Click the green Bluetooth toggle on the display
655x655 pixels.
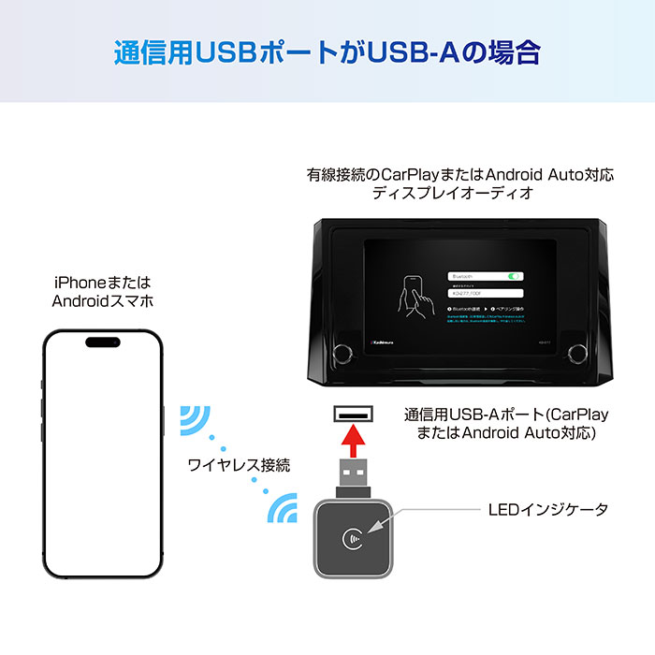(x=513, y=276)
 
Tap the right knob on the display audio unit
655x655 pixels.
(x=576, y=353)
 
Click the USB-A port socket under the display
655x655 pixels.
(x=353, y=411)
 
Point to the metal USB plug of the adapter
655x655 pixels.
(x=353, y=477)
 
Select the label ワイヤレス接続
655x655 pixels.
(x=239, y=464)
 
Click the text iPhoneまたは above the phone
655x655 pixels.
(x=102, y=282)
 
